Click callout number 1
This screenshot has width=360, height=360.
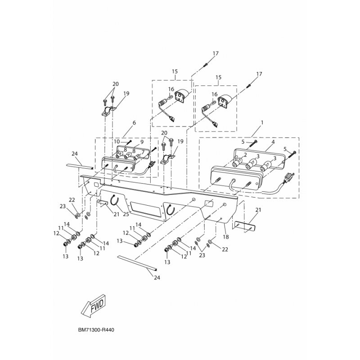click(x=262, y=122)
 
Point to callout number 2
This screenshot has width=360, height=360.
click(x=245, y=155)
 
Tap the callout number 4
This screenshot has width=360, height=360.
click(x=273, y=142)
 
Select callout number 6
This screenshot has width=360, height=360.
click(x=134, y=122)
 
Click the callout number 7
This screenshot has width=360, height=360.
click(x=143, y=153)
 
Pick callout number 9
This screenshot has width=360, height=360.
click(x=142, y=141)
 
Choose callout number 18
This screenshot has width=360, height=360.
click(x=226, y=237)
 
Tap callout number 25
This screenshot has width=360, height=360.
click(x=126, y=214)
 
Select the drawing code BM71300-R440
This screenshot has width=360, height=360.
click(x=96, y=330)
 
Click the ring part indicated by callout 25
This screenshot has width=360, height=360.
click(x=114, y=200)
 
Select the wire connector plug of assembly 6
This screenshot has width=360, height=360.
click(x=152, y=165)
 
